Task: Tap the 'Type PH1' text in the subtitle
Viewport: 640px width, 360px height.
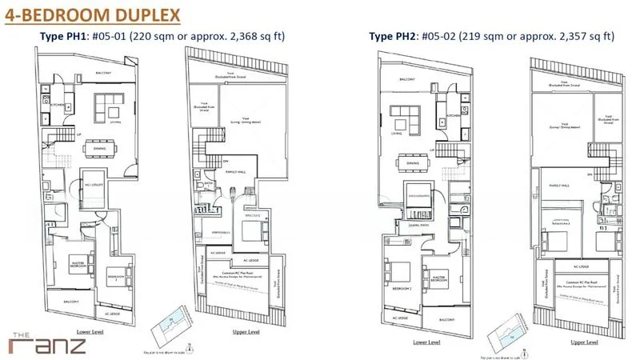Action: point(63,36)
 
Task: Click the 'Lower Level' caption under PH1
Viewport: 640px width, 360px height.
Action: point(82,329)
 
